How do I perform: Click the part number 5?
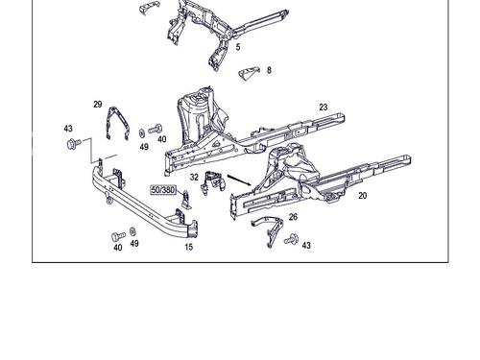pyautogui.click(x=238, y=47)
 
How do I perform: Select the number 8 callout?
pyautogui.click(x=269, y=70)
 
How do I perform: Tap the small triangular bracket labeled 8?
pyautogui.click(x=249, y=73)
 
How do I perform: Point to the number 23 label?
pyautogui.click(x=324, y=107)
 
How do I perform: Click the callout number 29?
pyautogui.click(x=98, y=104)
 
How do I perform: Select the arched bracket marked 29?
pyautogui.click(x=118, y=124)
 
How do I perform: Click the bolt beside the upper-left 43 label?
pyautogui.click(x=74, y=144)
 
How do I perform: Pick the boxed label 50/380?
pyautogui.click(x=163, y=190)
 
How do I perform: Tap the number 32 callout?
pyautogui.click(x=194, y=177)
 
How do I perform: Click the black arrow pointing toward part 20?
pyautogui.click(x=239, y=180)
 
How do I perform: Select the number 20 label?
pyautogui.click(x=362, y=195)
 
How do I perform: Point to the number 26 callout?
pyautogui.click(x=293, y=217)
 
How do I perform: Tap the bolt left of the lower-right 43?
pyautogui.click(x=291, y=239)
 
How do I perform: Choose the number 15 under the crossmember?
pyautogui.click(x=189, y=247)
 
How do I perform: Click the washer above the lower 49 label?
pyautogui.click(x=132, y=231)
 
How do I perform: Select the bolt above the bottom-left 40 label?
pyautogui.click(x=118, y=237)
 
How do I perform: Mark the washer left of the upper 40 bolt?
pyautogui.click(x=141, y=132)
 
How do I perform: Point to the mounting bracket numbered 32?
pyautogui.click(x=213, y=183)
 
